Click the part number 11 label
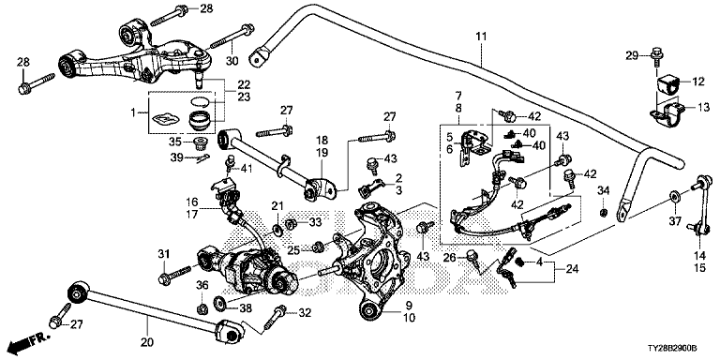click(x=481, y=37)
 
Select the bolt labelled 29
click(x=655, y=57)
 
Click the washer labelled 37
click(x=674, y=197)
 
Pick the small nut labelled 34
click(x=605, y=212)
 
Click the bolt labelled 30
click(x=232, y=37)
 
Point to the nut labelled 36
click(x=201, y=309)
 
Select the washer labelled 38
click(x=219, y=302)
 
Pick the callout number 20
click(x=147, y=342)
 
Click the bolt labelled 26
click(x=472, y=259)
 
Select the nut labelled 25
click(x=316, y=248)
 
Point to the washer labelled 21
click(x=278, y=228)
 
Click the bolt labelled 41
click(x=231, y=164)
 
